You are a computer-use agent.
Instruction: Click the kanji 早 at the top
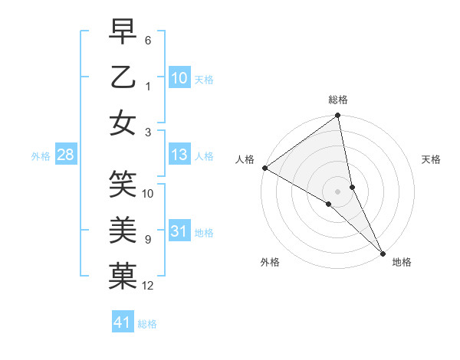(x=123, y=32)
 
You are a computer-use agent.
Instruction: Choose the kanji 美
(x=123, y=229)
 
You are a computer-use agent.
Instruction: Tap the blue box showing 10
(x=179, y=77)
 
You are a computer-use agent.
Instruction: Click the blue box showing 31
(x=179, y=231)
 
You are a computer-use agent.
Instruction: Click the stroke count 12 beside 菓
(x=148, y=286)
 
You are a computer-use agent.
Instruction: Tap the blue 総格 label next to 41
(x=147, y=324)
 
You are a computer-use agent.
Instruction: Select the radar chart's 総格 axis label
(x=338, y=100)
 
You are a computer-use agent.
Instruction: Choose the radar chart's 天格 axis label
(x=432, y=159)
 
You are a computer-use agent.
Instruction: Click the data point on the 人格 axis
(x=264, y=168)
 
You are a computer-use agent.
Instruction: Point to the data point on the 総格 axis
(x=338, y=116)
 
